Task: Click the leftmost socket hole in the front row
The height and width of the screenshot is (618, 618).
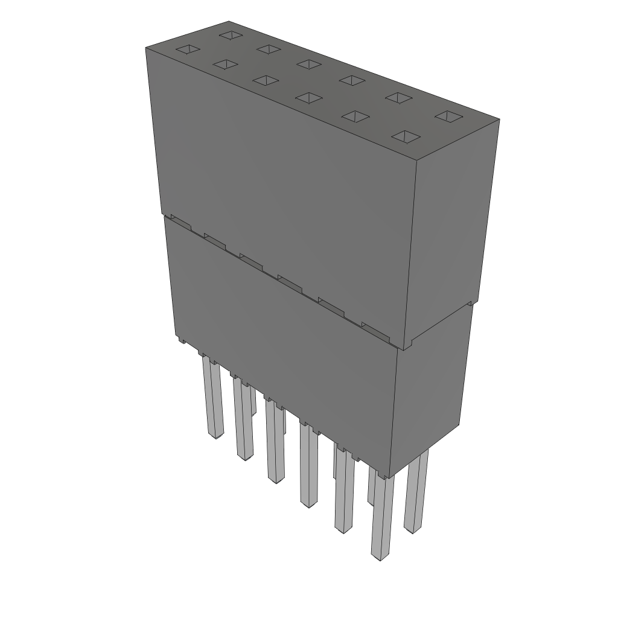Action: click(x=186, y=49)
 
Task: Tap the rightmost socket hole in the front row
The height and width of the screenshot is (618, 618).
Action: click(x=406, y=137)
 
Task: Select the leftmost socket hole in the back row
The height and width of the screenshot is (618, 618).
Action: click(x=230, y=35)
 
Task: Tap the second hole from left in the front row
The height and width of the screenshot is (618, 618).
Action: click(x=225, y=65)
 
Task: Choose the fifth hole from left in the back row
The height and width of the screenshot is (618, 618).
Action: click(x=396, y=97)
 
